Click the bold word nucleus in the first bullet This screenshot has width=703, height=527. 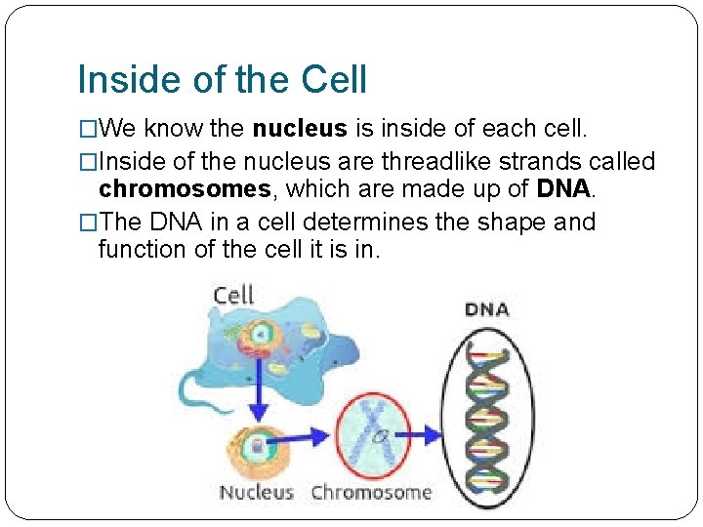click(299, 128)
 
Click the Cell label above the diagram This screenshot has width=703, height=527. click(233, 294)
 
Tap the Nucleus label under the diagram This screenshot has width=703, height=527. click(256, 492)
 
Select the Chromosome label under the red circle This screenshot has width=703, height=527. click(371, 492)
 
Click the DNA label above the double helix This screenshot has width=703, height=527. click(486, 309)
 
